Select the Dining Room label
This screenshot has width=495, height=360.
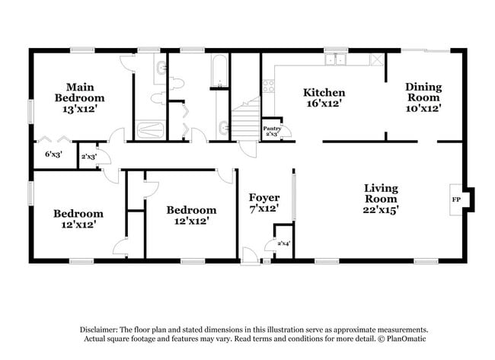(x=423, y=92)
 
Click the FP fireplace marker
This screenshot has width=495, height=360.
(x=457, y=199)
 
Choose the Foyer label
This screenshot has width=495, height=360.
(x=264, y=197)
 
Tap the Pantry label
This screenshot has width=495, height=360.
(x=272, y=129)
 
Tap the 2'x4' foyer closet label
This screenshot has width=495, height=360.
(x=283, y=243)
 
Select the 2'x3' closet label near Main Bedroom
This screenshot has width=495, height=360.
(x=89, y=157)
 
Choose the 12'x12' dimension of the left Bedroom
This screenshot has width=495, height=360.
(x=78, y=225)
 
